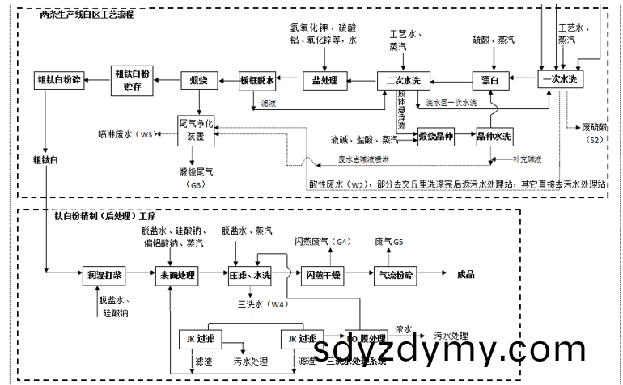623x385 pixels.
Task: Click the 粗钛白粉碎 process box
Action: pos(59,80)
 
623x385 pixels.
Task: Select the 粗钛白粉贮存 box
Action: pos(132,80)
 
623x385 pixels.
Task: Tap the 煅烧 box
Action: pos(198,80)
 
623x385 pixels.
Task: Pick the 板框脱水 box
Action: pos(258,80)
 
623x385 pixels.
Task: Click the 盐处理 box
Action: pos(324,80)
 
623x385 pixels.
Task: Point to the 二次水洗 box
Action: pos(404,80)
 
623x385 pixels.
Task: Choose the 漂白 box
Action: pos(490,80)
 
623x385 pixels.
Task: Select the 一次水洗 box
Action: pos(562,80)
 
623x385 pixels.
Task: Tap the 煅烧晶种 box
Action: pos(436,137)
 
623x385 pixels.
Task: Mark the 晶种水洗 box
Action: pos(494,137)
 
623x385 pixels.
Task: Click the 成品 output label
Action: pos(466,275)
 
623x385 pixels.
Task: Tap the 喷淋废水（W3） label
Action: pos(125,133)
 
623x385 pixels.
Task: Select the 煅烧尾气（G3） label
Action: pos(197,178)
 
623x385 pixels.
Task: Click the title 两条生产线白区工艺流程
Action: pos(87,15)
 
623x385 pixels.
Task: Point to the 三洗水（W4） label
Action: pos(261,304)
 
